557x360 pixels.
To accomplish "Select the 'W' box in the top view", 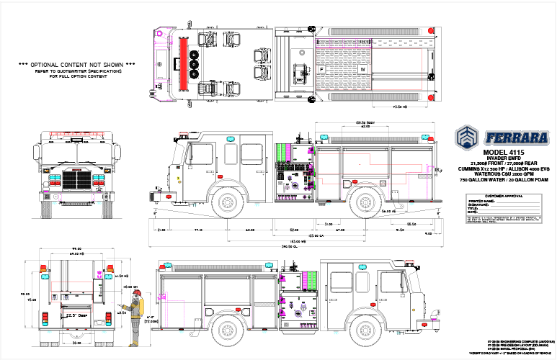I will pos(363,69).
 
